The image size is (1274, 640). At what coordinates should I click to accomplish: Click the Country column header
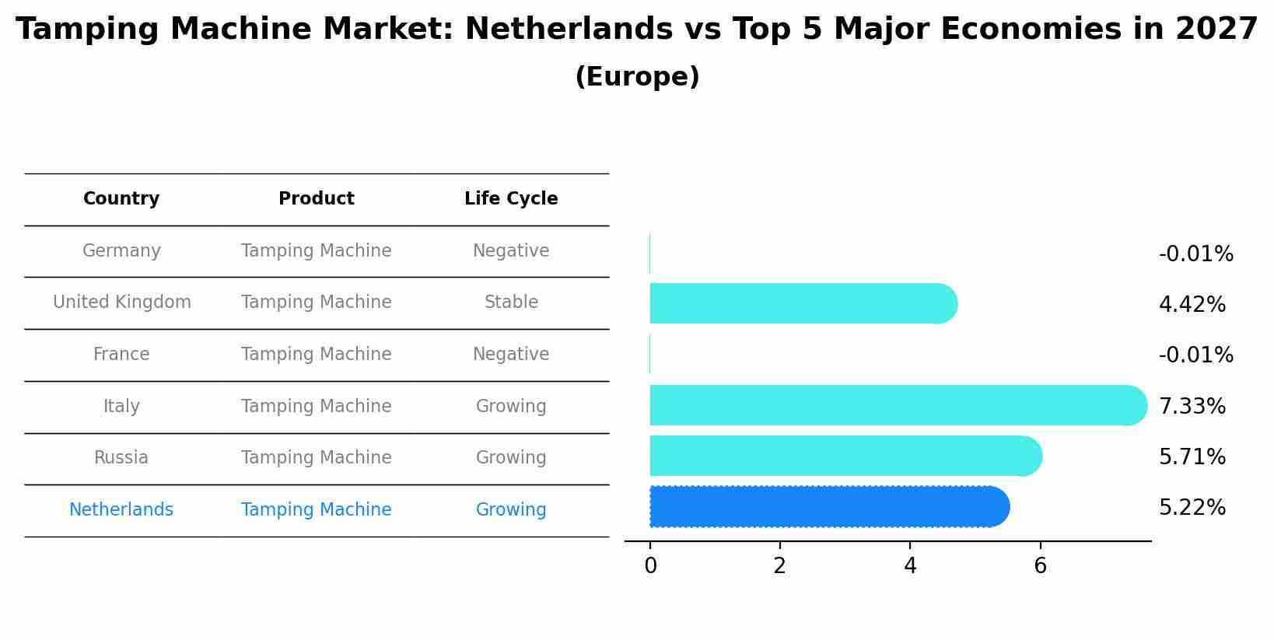click(121, 199)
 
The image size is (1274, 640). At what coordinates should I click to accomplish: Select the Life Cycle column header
click(511, 199)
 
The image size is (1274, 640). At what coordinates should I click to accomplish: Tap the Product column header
click(316, 199)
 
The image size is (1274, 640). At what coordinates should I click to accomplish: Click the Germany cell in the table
click(121, 251)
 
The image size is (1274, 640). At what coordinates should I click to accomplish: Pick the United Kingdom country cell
click(121, 303)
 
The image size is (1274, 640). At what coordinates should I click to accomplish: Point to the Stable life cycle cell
click(511, 303)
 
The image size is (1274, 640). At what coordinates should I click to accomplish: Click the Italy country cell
click(121, 407)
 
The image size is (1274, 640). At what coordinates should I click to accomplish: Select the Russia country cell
click(121, 458)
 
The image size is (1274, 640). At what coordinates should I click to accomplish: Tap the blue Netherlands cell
click(121, 510)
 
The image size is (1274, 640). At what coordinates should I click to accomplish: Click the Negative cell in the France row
click(511, 355)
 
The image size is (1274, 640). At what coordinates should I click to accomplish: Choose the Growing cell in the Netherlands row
click(511, 510)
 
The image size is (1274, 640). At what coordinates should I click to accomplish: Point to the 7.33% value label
click(1192, 407)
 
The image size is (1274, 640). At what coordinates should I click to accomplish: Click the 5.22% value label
click(1192, 508)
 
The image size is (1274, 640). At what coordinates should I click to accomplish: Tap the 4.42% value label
click(1192, 305)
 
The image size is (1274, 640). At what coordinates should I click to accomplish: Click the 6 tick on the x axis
click(1040, 566)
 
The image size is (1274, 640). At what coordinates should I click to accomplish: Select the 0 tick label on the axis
click(650, 566)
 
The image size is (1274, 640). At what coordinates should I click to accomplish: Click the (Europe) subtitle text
click(637, 77)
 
